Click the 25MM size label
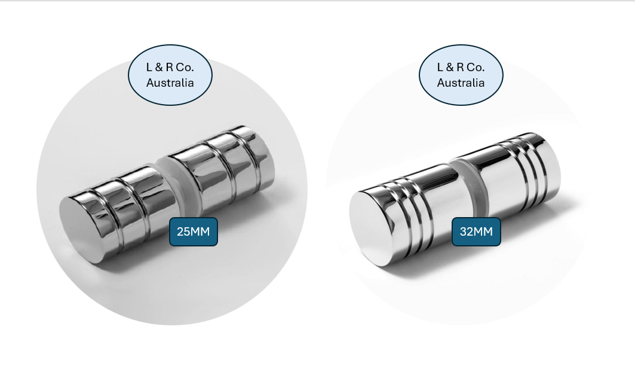tap(193, 231)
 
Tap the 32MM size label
tap(476, 231)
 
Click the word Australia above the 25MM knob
tap(170, 83)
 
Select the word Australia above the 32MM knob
tap(461, 83)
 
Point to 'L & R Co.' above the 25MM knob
tap(170, 68)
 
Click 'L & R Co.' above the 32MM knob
tap(461, 68)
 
